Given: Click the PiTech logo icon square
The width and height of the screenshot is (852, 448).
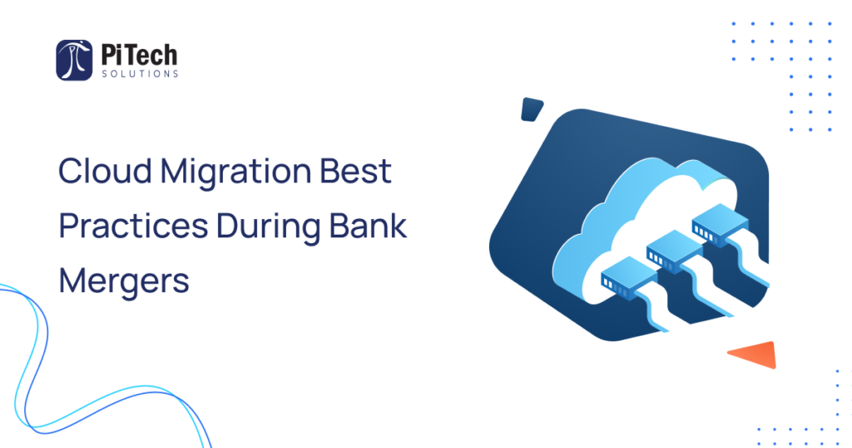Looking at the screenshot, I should tap(74, 60).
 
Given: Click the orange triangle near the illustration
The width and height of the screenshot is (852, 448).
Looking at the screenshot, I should tap(754, 353).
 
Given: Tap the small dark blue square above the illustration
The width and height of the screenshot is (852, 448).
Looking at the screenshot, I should tap(532, 109).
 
